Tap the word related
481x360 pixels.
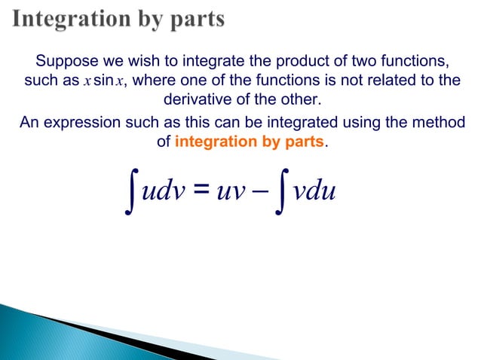coord(391,81)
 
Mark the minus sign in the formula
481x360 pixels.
coord(259,193)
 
